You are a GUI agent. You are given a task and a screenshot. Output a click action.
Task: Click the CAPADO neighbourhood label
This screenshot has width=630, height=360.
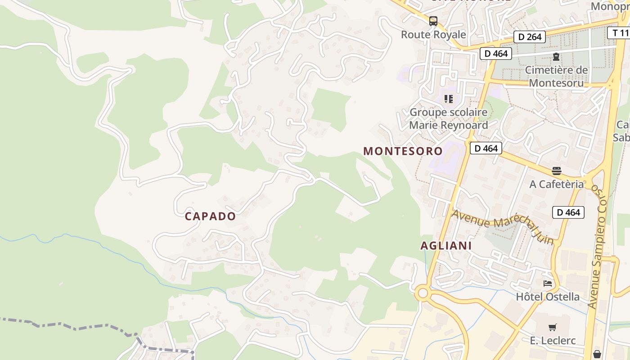210,216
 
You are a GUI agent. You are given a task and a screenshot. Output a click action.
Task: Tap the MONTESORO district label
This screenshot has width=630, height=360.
403,151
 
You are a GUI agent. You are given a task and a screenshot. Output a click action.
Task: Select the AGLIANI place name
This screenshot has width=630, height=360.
446,246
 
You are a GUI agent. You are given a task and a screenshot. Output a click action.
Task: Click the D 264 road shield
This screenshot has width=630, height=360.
530,37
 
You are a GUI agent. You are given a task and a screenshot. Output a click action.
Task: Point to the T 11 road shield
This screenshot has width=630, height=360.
620,33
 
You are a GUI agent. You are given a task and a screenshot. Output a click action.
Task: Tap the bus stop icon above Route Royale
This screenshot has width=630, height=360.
433,21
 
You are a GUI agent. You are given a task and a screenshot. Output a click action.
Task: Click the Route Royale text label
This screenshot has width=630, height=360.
433,35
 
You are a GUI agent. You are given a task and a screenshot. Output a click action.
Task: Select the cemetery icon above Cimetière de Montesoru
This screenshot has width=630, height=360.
556,57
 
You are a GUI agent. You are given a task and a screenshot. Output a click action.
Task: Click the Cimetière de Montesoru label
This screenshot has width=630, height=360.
556,76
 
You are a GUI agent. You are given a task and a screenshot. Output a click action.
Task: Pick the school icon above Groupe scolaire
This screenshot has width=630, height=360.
448,99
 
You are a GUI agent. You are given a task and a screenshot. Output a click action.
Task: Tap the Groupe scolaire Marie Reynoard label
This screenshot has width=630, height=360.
448,119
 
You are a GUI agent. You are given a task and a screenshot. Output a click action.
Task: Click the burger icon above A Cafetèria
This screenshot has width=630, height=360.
557,171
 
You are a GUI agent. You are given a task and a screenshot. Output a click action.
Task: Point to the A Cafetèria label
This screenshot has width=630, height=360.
557,184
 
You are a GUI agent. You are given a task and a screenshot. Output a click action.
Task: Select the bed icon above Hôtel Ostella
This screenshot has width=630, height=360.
548,283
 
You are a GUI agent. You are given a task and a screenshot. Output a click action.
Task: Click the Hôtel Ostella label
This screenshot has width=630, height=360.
548,297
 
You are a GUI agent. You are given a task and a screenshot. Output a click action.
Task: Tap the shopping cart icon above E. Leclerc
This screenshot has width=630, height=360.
552,327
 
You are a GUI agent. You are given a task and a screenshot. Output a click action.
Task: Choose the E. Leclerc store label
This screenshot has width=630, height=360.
553,341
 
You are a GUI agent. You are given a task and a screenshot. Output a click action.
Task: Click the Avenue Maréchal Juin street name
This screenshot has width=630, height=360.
503,226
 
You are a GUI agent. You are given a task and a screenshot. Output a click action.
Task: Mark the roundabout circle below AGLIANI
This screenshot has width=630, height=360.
423,293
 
